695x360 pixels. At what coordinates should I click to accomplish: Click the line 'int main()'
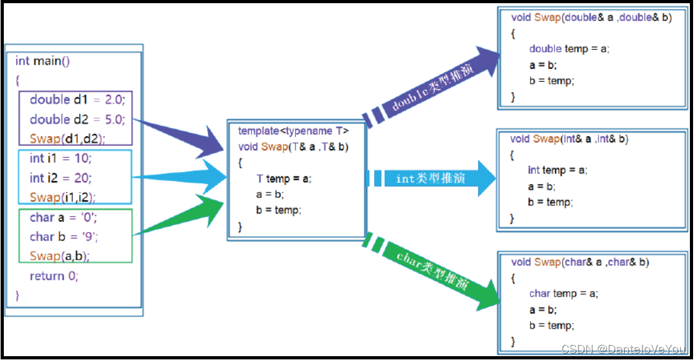[x=42, y=61]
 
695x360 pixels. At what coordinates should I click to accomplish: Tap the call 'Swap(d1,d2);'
[x=68, y=138]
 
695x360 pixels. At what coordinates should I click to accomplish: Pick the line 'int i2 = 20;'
[x=61, y=178]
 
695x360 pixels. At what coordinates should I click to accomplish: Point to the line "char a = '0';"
[x=63, y=217]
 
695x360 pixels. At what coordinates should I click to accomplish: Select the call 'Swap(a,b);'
[x=59, y=256]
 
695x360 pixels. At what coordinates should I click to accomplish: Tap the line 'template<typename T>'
[x=293, y=131]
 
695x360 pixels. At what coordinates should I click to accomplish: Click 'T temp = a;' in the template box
[x=284, y=179]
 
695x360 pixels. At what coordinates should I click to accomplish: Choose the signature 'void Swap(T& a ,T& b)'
[x=293, y=147]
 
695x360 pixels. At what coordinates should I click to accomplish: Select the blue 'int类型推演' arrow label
[x=430, y=178]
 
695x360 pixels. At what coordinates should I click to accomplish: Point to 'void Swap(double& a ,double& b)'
[x=591, y=18]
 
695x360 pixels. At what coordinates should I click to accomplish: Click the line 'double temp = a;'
[x=569, y=49]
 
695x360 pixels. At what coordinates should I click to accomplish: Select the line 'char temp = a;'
[x=563, y=293]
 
